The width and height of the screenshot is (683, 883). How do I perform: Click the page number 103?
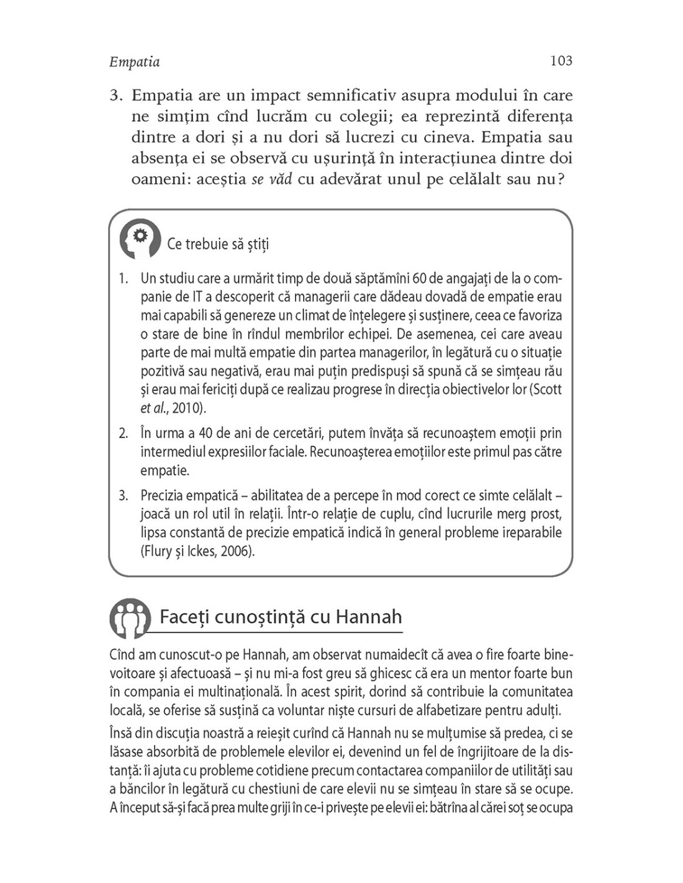(561, 61)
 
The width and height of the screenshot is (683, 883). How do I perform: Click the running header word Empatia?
(135, 62)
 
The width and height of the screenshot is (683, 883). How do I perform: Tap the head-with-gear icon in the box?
(140, 239)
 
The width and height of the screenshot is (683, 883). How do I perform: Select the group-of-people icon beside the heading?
(130, 618)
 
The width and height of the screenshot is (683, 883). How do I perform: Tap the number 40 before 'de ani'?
(206, 433)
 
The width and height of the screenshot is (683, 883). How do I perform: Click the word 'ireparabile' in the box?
(532, 533)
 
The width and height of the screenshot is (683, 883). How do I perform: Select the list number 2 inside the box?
(124, 433)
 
